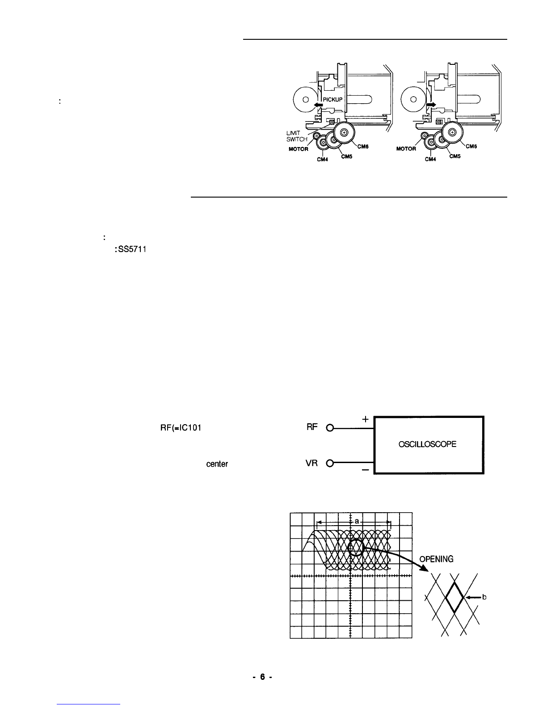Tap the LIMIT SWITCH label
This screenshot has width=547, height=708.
(x=296, y=135)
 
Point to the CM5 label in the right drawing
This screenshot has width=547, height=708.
(x=455, y=156)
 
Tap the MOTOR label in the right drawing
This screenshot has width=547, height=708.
(x=406, y=149)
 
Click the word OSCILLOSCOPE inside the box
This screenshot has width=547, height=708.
(x=428, y=445)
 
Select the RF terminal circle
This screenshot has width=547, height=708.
(x=330, y=428)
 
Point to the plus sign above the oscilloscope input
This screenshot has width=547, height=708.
(x=365, y=419)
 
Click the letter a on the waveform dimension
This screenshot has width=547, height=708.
(x=357, y=521)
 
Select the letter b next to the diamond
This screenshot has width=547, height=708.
(x=484, y=597)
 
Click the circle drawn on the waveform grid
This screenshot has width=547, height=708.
(x=356, y=547)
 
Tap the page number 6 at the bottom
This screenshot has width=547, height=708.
(x=263, y=677)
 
